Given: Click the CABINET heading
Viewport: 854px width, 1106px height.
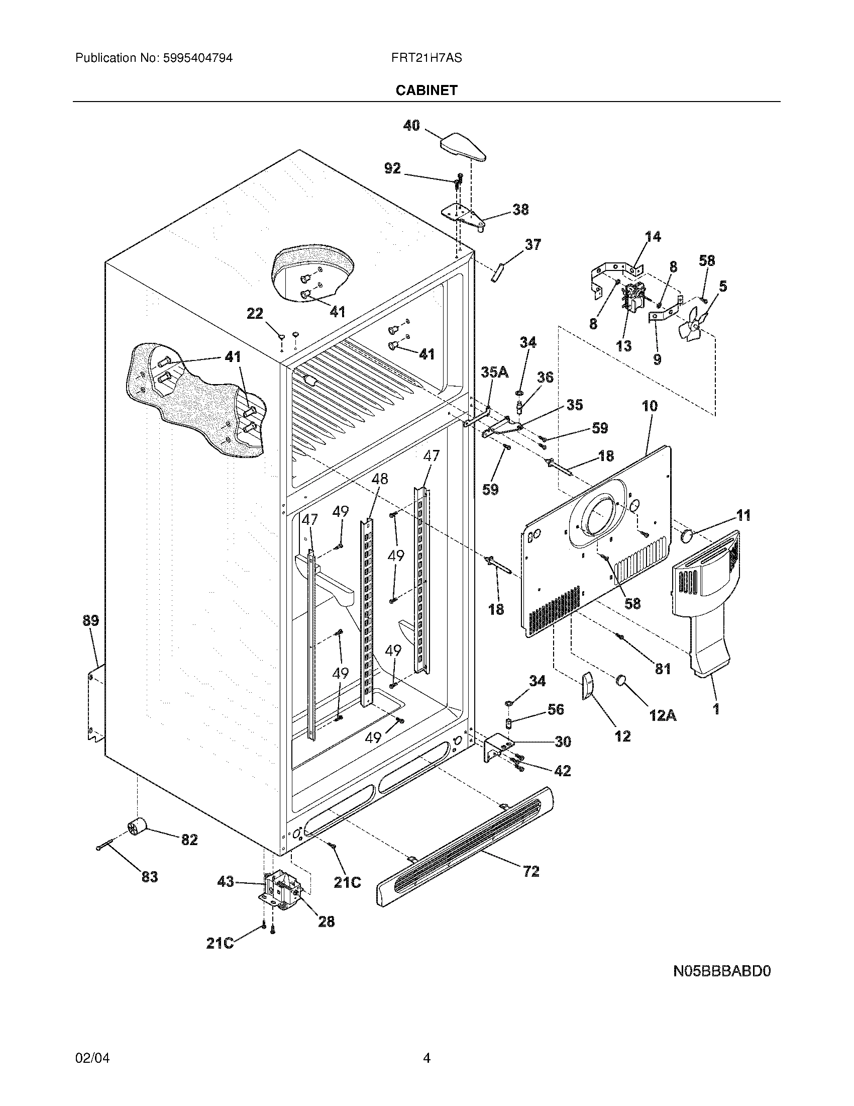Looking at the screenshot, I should (x=426, y=90).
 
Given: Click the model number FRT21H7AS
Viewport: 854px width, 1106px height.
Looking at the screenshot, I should (x=426, y=58).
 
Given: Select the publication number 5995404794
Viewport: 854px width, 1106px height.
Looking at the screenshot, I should (x=197, y=58).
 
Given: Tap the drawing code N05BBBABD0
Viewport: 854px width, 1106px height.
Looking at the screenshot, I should (x=721, y=971).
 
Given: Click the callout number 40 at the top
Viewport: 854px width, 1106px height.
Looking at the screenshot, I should (x=411, y=125).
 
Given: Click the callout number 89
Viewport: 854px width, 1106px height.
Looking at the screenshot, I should (x=90, y=620).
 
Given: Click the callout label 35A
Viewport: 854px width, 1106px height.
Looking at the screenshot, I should (x=494, y=373).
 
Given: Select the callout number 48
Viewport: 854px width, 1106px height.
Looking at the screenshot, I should (x=379, y=479).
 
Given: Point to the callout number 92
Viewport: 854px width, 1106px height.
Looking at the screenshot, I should (x=393, y=168).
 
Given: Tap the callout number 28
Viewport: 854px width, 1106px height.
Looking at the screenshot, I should (x=327, y=921).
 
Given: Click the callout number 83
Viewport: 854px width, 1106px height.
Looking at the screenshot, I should (x=150, y=877).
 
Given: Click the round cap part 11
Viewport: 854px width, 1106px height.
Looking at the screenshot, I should (x=687, y=536).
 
